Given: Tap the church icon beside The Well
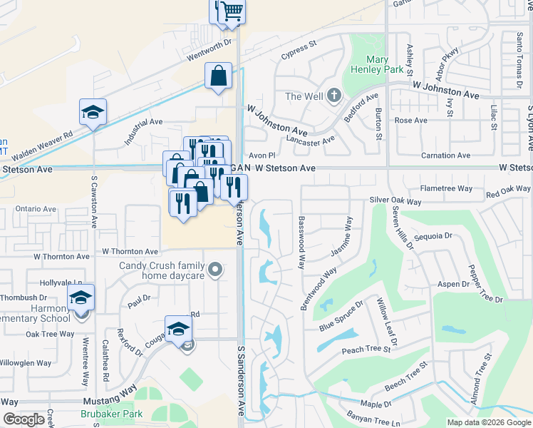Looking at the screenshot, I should [334, 96].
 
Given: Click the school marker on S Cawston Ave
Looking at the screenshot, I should [93, 113].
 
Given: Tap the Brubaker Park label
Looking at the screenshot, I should [113, 414].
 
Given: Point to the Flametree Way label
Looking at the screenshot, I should [446, 188].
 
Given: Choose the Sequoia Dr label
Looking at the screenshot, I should [433, 235].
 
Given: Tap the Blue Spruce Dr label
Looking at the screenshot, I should [341, 315].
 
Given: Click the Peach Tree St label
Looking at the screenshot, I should [366, 350].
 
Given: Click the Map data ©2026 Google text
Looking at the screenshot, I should [489, 422].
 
